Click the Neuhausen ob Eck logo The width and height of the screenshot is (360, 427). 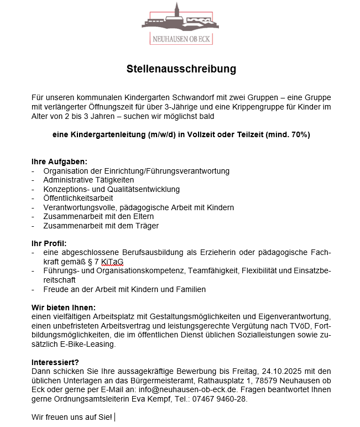point(180,24)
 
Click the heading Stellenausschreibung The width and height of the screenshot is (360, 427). point(181,69)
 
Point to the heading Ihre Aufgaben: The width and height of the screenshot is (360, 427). point(59,162)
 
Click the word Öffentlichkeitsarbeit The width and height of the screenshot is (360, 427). point(78,198)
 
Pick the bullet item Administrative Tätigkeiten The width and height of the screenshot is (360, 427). point(88,180)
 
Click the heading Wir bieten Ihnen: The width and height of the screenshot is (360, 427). point(64,307)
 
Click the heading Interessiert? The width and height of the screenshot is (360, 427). point(55,362)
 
